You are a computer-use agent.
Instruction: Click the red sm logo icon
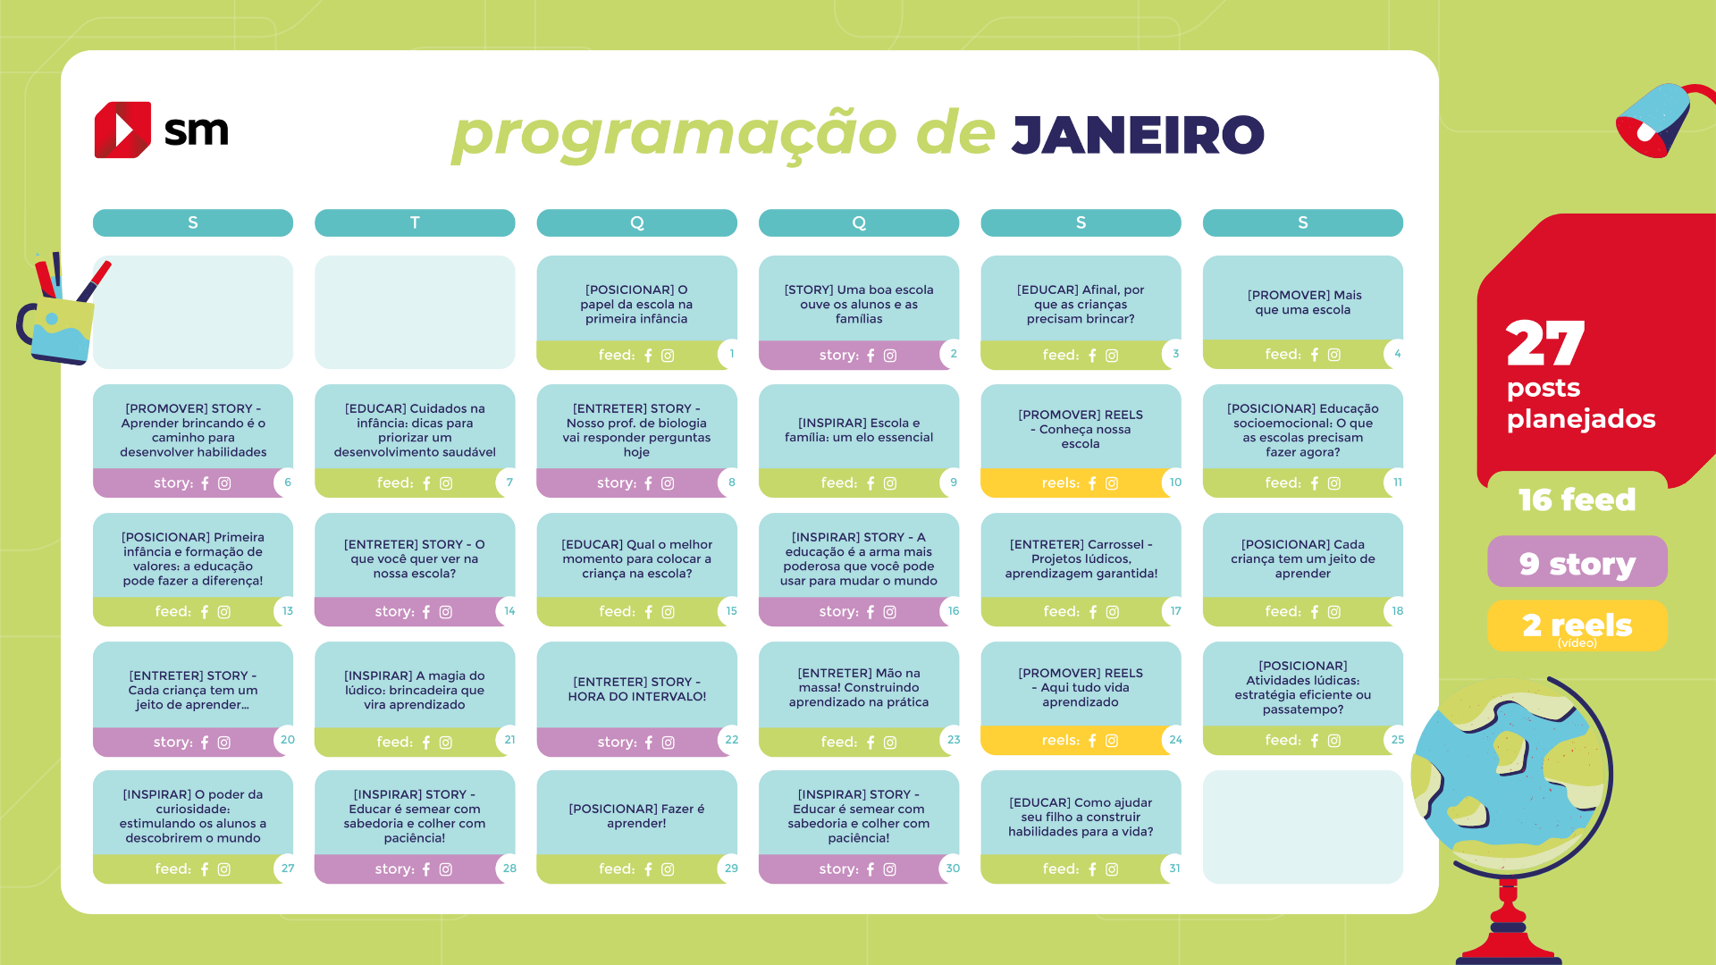tap(122, 130)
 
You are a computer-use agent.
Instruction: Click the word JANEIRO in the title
tap(1138, 135)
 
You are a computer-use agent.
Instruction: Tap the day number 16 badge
tap(954, 611)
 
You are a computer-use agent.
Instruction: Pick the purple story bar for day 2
tap(848, 355)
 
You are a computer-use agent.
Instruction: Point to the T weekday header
tap(415, 222)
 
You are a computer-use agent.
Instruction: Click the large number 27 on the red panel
tap(1545, 343)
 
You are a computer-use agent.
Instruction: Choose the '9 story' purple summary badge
tap(1577, 562)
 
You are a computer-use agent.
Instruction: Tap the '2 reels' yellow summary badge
tap(1577, 625)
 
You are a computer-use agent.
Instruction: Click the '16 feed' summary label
tap(1577, 499)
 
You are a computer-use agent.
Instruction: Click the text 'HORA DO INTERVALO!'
tap(637, 697)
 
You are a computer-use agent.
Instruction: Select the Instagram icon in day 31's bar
tap(1112, 869)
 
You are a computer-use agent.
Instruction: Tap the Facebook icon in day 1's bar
tap(648, 356)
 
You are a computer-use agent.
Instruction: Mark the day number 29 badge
tap(732, 868)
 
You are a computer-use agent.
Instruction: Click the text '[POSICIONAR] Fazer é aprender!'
tap(637, 816)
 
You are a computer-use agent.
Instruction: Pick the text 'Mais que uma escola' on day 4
tap(1303, 303)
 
